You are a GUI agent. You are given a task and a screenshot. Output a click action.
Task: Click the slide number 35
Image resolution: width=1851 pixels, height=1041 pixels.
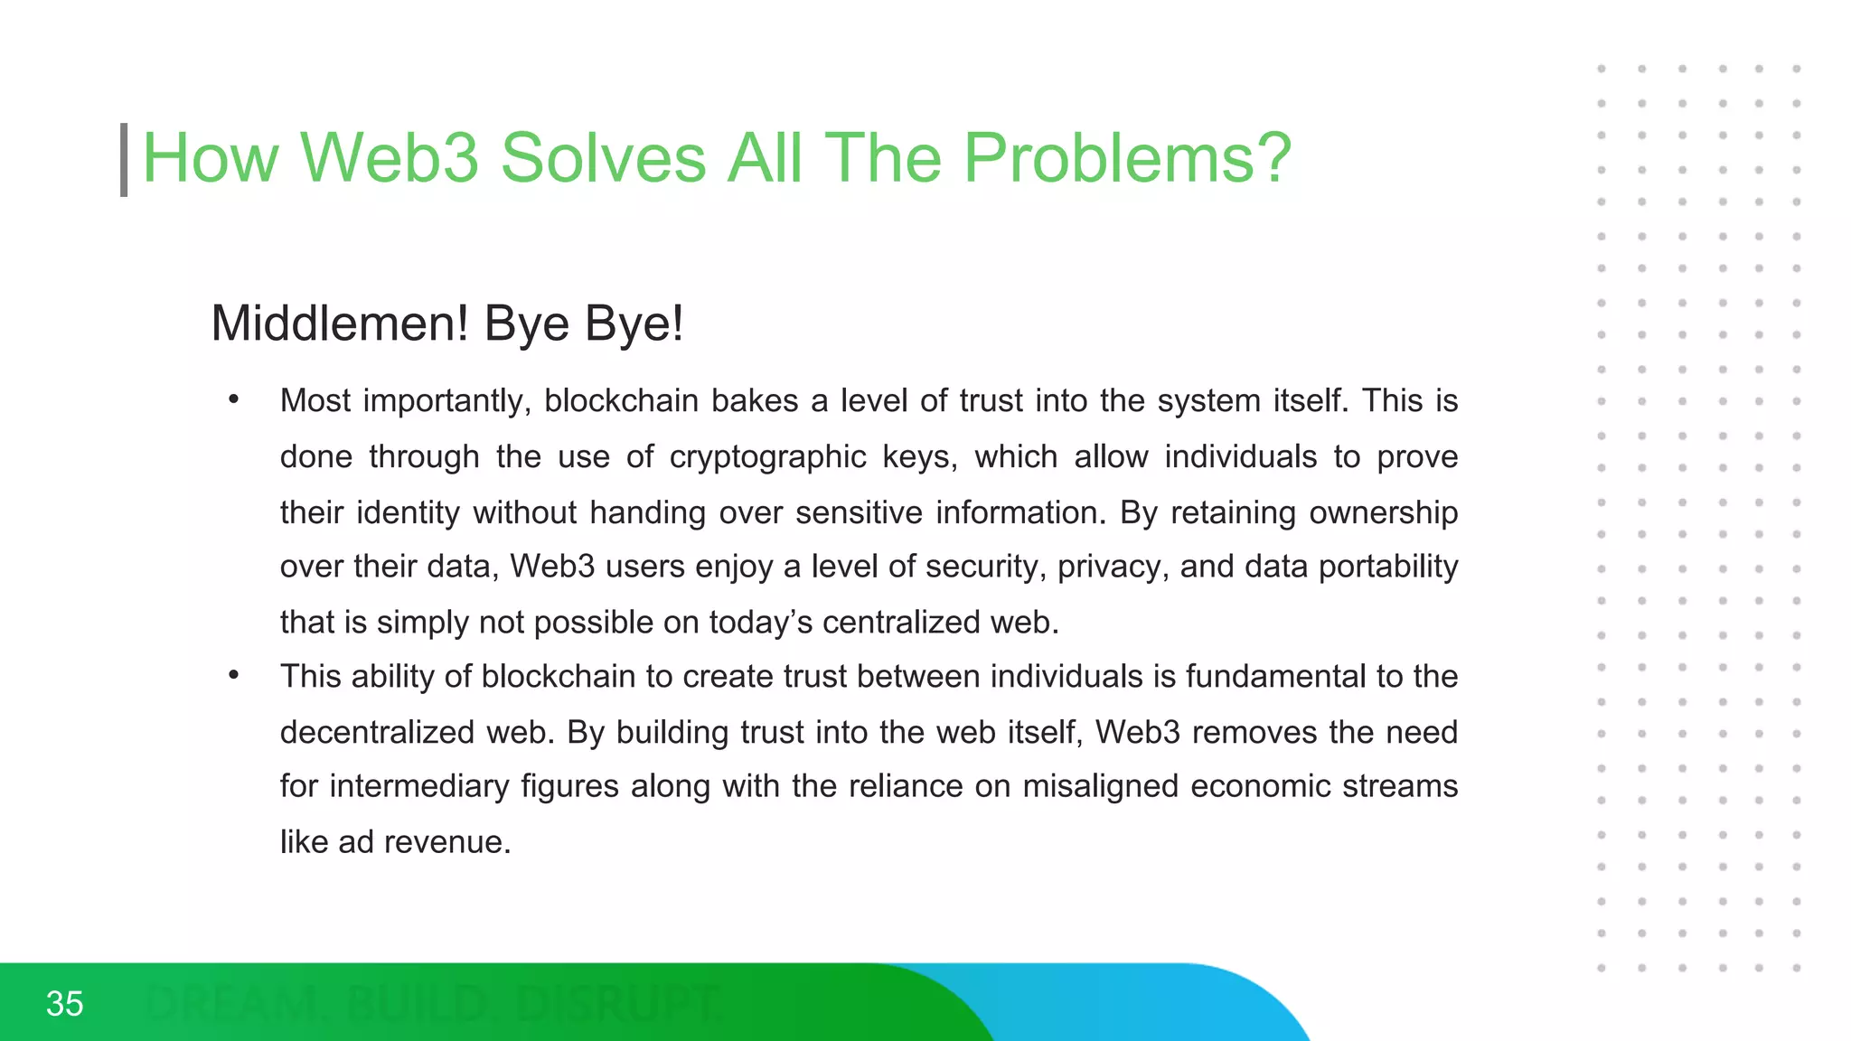click(x=64, y=1003)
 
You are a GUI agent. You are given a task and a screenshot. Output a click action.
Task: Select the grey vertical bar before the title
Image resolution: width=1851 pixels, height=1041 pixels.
click(x=124, y=160)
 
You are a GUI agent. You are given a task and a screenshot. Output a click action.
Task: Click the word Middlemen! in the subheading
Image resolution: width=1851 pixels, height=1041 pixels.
click(x=340, y=324)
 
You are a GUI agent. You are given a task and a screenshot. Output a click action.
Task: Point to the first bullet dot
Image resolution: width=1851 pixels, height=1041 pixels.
click(x=234, y=399)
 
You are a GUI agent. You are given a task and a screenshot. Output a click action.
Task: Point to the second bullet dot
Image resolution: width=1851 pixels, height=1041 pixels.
click(x=234, y=674)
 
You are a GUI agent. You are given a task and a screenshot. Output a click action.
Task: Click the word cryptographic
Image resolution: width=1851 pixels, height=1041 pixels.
click(x=767, y=457)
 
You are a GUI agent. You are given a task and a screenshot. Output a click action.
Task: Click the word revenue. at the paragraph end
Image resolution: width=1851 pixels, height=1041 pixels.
click(x=447, y=842)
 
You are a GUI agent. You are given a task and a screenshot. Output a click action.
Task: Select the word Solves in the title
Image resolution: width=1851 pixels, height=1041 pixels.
click(x=603, y=158)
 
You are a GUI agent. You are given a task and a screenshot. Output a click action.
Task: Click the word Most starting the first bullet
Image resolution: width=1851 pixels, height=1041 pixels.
click(x=315, y=401)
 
